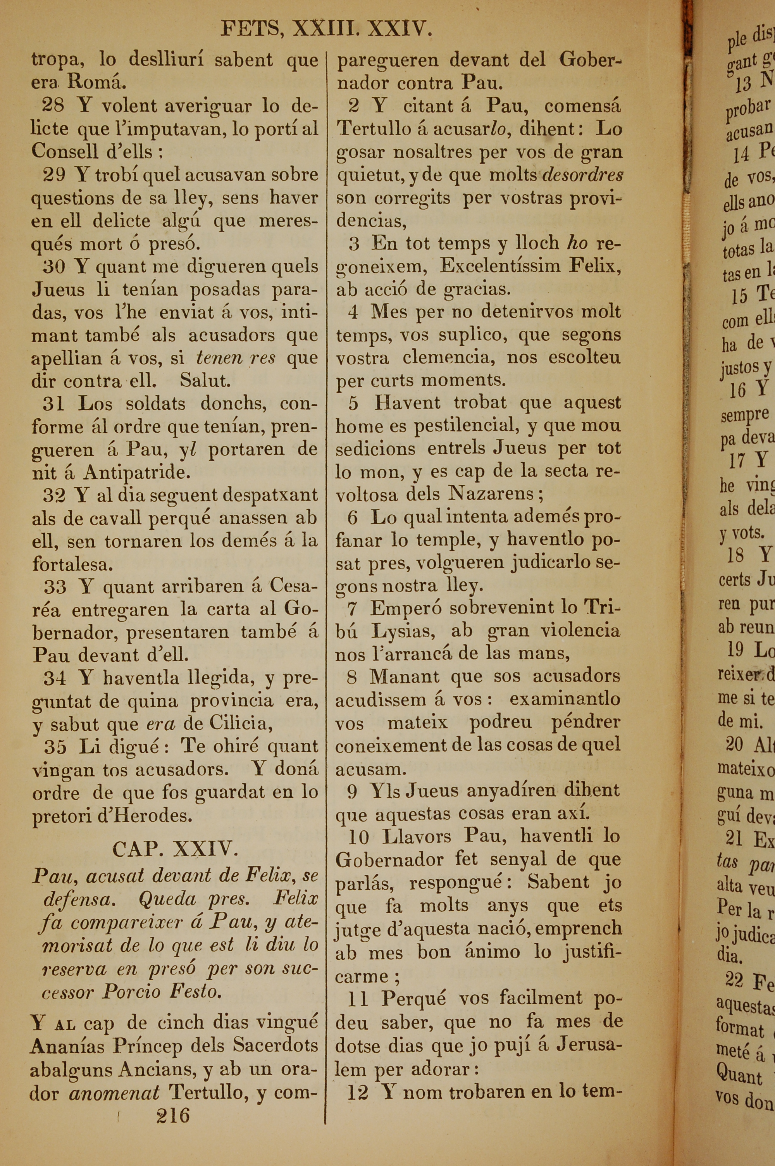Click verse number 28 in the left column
click(x=53, y=105)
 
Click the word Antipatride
click(x=136, y=473)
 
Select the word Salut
click(x=205, y=381)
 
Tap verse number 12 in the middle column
click(x=358, y=1092)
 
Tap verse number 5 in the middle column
click(x=353, y=403)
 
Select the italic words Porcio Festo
click(x=161, y=992)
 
